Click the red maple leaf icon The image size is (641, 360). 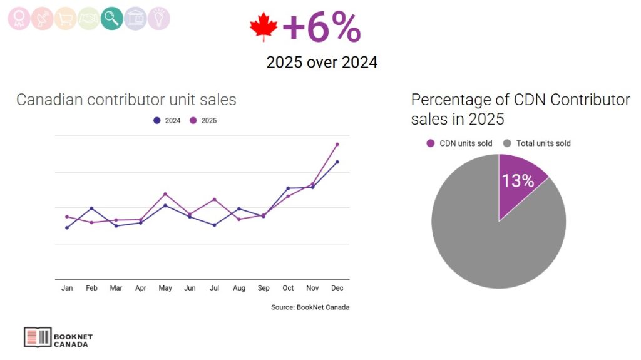pos(263,28)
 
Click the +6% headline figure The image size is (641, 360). pos(322,28)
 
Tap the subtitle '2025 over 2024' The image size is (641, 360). pos(322,63)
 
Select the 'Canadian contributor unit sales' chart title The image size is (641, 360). pos(126,100)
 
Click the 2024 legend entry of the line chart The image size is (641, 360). pos(167,120)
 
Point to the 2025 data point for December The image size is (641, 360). pos(337,144)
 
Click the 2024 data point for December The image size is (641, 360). pos(337,162)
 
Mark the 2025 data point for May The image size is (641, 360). pos(165,194)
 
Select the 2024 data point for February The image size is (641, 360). pos(91,208)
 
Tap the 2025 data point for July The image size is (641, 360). pos(214,199)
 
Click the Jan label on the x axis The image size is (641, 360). pos(67,288)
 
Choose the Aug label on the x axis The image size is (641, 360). pos(239,288)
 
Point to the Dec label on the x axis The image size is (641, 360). pos(337,288)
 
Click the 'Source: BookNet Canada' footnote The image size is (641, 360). pos(310,307)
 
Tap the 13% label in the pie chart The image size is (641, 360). pos(518,181)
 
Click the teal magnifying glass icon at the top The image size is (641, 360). pos(111,18)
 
